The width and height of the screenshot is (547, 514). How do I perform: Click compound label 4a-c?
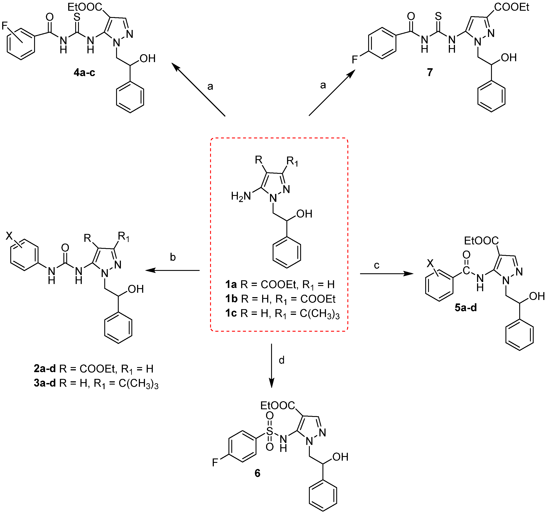click(84, 73)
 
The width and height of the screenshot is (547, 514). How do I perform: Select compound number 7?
click(430, 72)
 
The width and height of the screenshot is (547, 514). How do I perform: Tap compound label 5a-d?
click(465, 308)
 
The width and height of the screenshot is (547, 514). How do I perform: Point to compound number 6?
click(257, 473)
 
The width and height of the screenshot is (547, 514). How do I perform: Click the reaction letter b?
click(173, 257)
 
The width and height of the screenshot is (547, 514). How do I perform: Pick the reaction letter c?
click(377, 265)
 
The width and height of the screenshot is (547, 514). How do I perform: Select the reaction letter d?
click(281, 360)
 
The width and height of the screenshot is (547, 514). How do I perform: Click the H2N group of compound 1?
click(241, 196)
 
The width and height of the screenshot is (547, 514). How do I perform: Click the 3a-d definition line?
click(96, 383)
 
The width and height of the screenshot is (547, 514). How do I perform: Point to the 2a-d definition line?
click(94, 369)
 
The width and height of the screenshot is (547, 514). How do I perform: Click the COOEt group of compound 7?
click(512, 7)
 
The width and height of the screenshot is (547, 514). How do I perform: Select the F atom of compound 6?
click(215, 463)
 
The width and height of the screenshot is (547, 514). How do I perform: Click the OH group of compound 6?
click(340, 457)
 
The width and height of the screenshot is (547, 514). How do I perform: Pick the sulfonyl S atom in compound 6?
click(270, 431)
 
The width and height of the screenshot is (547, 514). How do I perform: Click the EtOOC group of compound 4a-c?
click(85, 7)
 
